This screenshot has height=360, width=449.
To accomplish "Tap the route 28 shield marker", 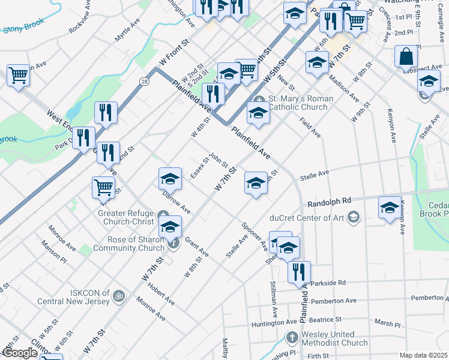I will click(145, 81).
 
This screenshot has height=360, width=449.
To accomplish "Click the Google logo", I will click(19, 353).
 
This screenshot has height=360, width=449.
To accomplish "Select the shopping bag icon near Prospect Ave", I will click(406, 58).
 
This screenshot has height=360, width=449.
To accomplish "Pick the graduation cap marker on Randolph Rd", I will click(390, 208).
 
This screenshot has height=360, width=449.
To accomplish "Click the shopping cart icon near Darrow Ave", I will click(104, 188).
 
